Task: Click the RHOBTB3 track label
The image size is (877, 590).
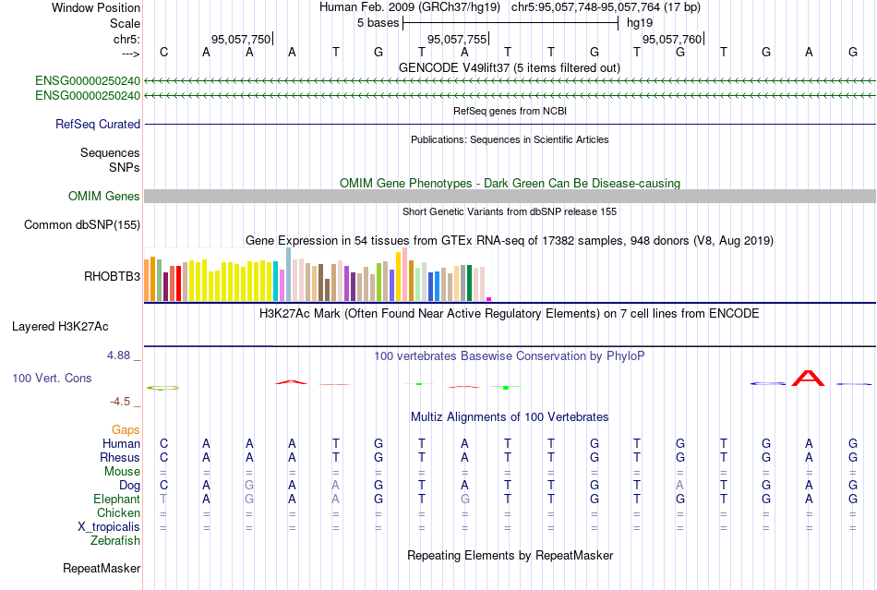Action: click(x=113, y=275)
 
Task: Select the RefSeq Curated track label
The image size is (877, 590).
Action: click(x=98, y=124)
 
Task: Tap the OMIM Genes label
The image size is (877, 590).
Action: click(x=104, y=196)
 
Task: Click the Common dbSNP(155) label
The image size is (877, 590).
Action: click(x=82, y=224)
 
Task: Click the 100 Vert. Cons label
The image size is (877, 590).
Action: click(x=52, y=378)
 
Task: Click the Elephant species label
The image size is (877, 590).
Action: click(x=115, y=499)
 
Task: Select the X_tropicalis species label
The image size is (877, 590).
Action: click(x=109, y=526)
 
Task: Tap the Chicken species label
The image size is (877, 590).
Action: click(x=119, y=512)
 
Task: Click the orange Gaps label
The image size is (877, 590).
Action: click(x=126, y=429)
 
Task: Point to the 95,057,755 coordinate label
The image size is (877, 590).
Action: click(x=456, y=39)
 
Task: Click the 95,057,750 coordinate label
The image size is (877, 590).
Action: click(x=241, y=39)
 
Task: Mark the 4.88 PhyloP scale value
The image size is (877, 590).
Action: click(x=120, y=355)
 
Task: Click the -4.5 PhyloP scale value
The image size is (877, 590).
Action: click(x=121, y=402)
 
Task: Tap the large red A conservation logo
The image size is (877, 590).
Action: click(x=809, y=378)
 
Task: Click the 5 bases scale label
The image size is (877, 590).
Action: click(x=377, y=22)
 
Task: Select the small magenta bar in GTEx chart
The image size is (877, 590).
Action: click(x=488, y=298)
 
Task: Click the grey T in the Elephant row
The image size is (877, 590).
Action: click(x=163, y=499)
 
